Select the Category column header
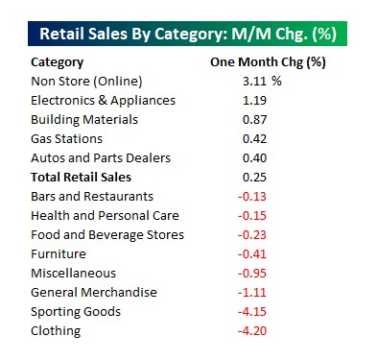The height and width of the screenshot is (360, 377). [57, 62]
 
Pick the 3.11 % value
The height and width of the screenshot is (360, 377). [261, 82]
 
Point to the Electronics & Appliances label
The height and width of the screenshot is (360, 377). [104, 101]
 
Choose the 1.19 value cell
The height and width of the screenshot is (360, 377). [254, 101]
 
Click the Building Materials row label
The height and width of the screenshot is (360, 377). [84, 120]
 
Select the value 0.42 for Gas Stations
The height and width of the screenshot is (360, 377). [254, 139]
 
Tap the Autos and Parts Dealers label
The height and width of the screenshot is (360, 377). [100, 158]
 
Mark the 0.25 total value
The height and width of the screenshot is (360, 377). [254, 178]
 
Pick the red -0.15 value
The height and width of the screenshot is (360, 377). [252, 216]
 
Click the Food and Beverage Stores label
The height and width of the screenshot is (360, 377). [107, 235]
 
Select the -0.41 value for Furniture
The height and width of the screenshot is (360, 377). [252, 254]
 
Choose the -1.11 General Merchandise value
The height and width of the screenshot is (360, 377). [252, 293]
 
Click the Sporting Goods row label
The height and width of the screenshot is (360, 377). [76, 312]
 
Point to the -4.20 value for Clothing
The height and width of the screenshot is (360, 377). [252, 331]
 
